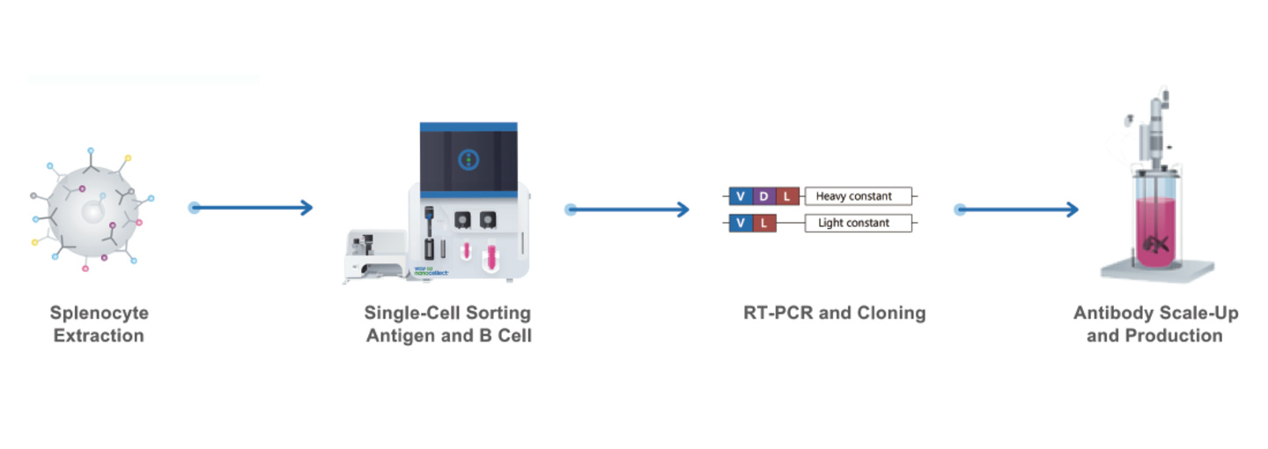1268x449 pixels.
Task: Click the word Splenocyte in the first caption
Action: pyautogui.click(x=99, y=313)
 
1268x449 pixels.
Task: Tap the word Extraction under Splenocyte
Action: pyautogui.click(x=99, y=335)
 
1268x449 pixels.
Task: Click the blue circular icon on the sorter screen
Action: pyautogui.click(x=468, y=160)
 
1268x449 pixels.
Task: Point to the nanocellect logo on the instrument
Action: pyautogui.click(x=431, y=273)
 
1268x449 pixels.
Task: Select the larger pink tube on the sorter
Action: pyautogui.click(x=490, y=256)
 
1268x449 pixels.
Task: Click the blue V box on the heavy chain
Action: pyautogui.click(x=741, y=196)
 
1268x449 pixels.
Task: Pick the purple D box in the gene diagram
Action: pyautogui.click(x=763, y=196)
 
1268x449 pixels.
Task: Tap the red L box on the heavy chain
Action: pyautogui.click(x=786, y=196)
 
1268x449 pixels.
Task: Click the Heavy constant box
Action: pyautogui.click(x=853, y=196)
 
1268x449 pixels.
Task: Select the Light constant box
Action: pyautogui.click(x=853, y=223)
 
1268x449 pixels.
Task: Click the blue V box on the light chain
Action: pyautogui.click(x=741, y=223)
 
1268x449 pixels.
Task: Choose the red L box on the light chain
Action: pyautogui.click(x=763, y=223)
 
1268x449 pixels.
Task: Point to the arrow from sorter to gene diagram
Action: pyautogui.click(x=629, y=210)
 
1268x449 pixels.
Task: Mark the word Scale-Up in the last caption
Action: pyautogui.click(x=1199, y=313)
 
